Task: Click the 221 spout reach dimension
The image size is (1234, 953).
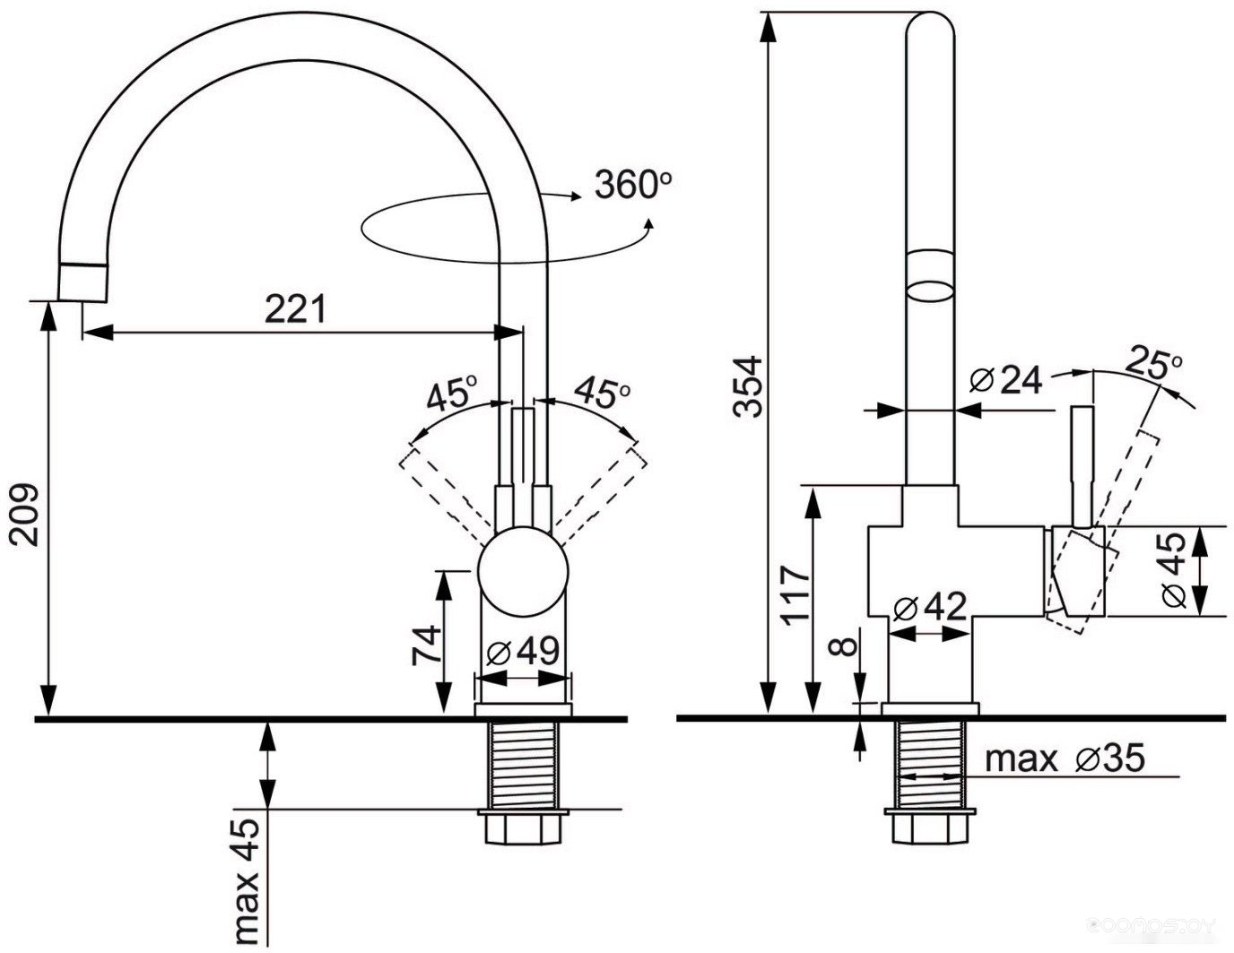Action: coord(295,309)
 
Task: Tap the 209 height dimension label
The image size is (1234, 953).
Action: coord(24,515)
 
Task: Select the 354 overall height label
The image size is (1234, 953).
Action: coord(747,386)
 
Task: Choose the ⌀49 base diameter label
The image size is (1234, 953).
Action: coord(522,652)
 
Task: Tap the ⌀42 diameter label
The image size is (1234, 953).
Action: coord(930,609)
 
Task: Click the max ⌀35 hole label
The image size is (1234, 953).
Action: coord(1065,758)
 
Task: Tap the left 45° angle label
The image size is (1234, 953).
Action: coord(451,394)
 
